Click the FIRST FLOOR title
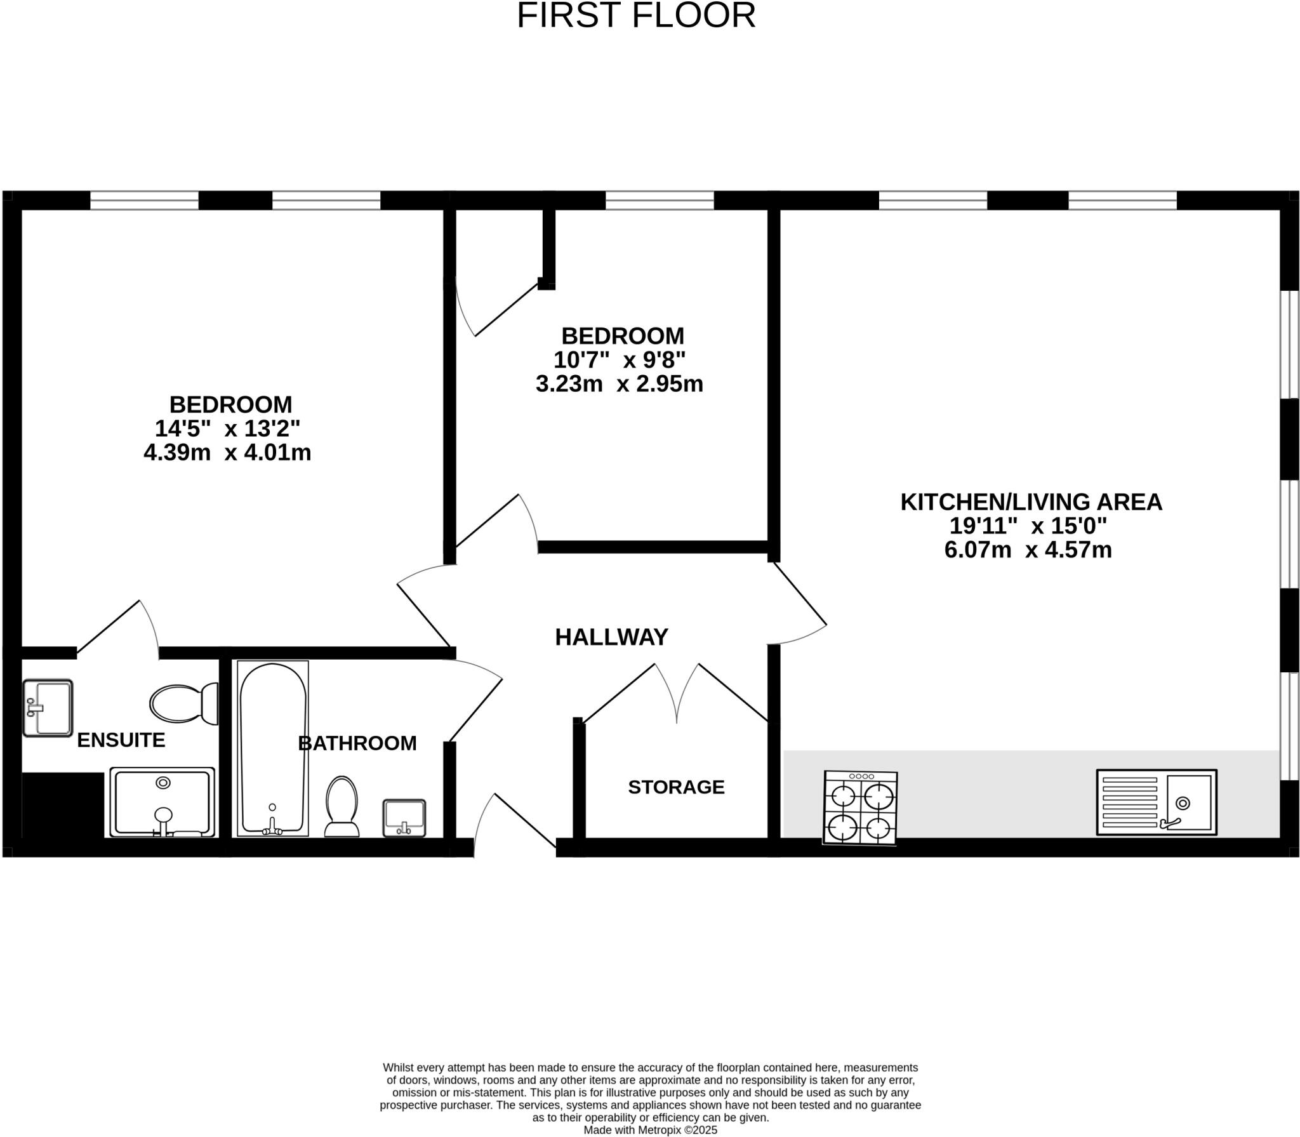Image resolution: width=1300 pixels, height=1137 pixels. (636, 16)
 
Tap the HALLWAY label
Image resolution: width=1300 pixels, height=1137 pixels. (611, 637)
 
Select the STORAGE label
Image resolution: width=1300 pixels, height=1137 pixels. (676, 787)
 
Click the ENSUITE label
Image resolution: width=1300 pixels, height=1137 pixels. (121, 740)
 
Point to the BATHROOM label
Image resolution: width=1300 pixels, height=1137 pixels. (357, 743)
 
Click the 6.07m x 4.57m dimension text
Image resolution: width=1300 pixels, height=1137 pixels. (1028, 550)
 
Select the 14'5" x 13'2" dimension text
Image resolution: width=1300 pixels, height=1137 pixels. (227, 429)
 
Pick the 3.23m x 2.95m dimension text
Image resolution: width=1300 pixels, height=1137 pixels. (619, 384)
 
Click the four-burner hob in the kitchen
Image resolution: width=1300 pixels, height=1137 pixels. (860, 808)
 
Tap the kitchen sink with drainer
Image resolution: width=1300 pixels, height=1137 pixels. (1156, 802)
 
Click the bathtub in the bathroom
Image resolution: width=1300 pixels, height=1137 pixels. (273, 749)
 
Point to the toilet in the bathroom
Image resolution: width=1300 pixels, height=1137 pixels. (342, 807)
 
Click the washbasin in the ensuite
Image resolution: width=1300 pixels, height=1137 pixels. (48, 708)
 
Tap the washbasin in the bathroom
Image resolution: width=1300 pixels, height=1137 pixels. (404, 818)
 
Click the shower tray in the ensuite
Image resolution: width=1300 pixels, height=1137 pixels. (162, 802)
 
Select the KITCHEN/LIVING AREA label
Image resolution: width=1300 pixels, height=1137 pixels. (1031, 502)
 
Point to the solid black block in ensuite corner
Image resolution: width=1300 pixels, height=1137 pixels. (62, 804)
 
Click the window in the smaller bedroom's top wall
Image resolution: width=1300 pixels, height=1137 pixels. (660, 201)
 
